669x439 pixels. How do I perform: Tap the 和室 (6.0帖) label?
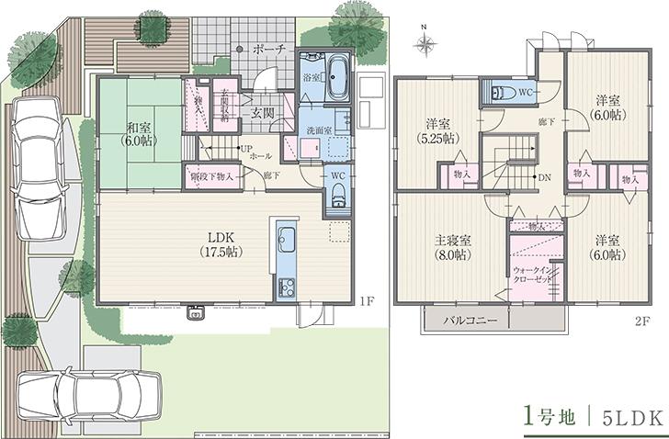142,133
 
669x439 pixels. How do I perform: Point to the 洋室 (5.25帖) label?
437,131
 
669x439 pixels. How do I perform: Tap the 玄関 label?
263,113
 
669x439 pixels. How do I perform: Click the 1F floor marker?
366,300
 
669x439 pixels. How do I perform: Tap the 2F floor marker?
641,321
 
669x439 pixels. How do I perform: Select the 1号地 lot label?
550,415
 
